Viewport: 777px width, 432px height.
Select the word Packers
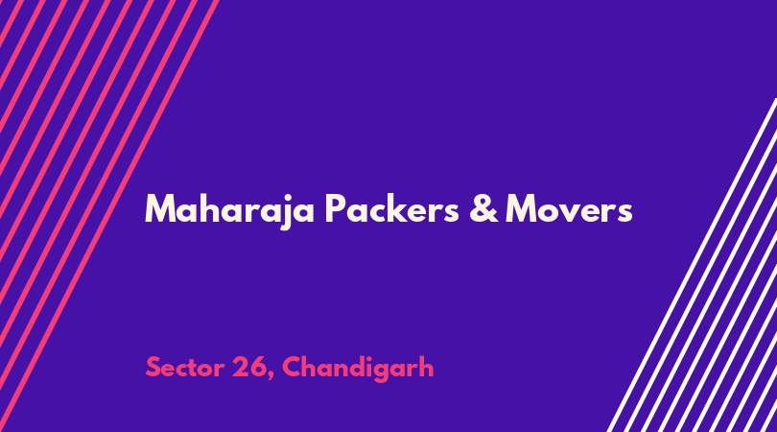pyautogui.click(x=392, y=208)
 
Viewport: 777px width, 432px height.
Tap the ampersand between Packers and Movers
pyautogui.click(x=483, y=208)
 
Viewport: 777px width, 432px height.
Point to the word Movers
pyautogui.click(x=569, y=209)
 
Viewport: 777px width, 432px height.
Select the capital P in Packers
pyautogui.click(x=336, y=208)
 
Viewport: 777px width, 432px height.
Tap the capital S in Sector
pyautogui.click(x=153, y=368)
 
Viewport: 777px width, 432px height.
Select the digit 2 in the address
pyautogui.click(x=240, y=367)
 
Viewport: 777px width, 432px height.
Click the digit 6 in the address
pyautogui.click(x=258, y=368)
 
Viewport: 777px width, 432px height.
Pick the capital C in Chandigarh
pyautogui.click(x=292, y=368)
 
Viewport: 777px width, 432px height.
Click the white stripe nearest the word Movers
pyautogui.click(x=693, y=265)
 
